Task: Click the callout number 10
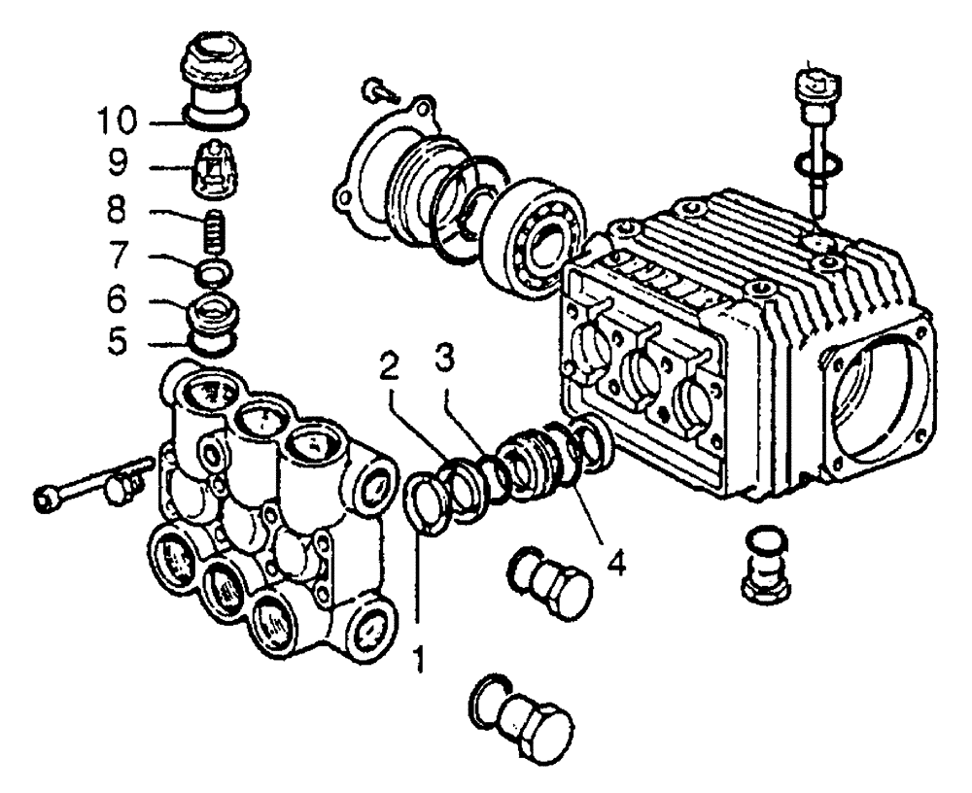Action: (x=117, y=124)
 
